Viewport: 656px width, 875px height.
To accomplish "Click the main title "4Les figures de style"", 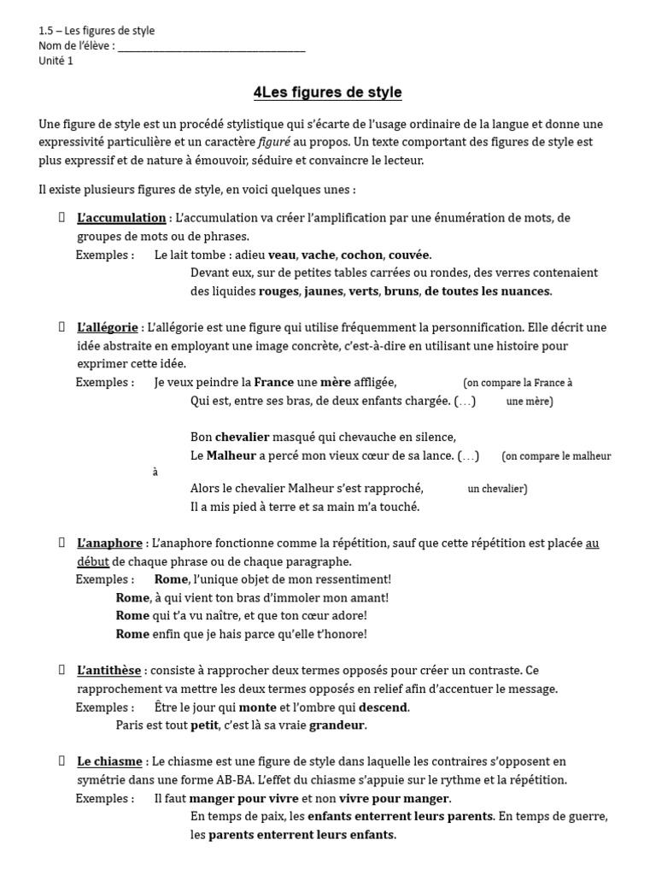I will pos(327,92).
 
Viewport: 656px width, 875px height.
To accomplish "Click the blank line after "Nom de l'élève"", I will pos(211,46).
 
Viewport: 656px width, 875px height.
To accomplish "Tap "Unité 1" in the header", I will pos(56,61).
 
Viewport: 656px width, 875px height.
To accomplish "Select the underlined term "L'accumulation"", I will pos(121,218).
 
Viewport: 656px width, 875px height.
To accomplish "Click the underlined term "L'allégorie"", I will pos(108,327).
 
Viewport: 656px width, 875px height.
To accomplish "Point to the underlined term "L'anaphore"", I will pos(109,543).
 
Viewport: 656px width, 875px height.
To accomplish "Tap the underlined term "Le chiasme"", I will pos(108,761).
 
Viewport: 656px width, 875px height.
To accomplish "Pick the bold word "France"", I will pos(274,382).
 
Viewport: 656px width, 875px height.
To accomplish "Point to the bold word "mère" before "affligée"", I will pos(335,382).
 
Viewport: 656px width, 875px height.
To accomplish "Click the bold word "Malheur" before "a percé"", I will pos(231,455).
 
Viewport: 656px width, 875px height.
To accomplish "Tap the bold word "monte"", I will pos(257,708).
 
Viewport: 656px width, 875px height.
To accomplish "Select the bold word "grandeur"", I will pos(337,725).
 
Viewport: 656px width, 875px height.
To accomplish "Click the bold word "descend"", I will pos(384,708).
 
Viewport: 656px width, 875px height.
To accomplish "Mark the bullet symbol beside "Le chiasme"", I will pos(61,760).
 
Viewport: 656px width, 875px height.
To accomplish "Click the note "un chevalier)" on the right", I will pos(497,490).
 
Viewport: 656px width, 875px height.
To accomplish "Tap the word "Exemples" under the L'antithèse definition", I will pos(104,708).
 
